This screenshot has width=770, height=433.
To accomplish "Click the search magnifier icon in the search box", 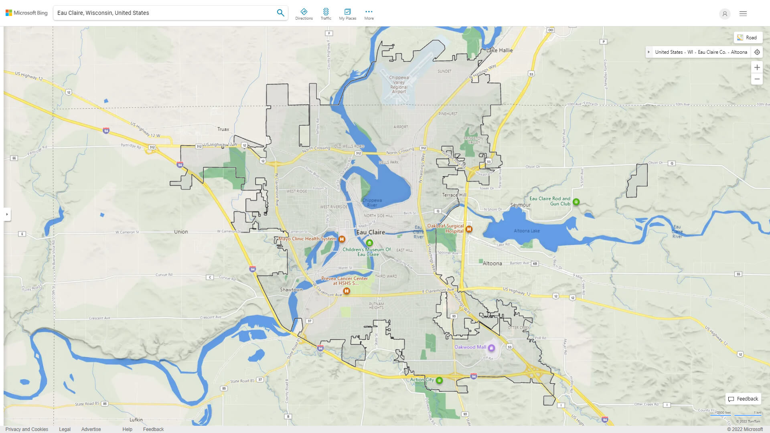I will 280,13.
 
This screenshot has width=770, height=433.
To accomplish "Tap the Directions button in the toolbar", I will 304,14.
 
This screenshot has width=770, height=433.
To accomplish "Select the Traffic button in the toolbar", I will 326,14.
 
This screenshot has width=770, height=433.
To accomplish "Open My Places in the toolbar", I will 347,14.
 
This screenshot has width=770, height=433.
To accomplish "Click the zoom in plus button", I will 757,67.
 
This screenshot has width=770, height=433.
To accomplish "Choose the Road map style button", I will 748,38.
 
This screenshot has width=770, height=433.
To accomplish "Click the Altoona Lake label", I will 527,231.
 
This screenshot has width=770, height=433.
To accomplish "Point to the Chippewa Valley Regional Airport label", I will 399,85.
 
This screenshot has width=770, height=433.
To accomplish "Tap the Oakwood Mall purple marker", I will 491,348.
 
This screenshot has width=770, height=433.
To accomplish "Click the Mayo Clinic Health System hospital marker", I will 342,239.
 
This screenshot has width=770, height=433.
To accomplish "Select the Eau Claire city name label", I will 370,232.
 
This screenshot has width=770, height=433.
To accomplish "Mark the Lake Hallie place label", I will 499,51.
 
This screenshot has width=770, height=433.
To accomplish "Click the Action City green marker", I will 439,380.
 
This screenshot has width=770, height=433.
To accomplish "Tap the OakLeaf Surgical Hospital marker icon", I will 469,229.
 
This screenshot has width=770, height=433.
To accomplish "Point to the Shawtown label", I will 291,290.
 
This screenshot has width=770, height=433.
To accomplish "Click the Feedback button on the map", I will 743,399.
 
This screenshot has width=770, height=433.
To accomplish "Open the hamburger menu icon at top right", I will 743,14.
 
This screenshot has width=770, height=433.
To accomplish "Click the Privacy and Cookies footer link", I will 27,429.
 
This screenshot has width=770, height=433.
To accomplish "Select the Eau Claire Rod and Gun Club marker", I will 576,202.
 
